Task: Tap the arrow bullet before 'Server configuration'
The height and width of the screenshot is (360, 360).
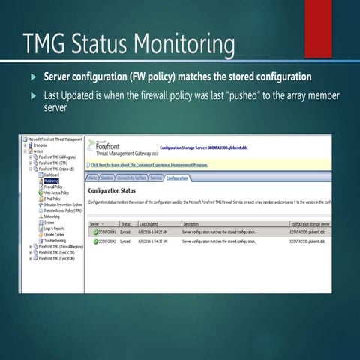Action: click(32, 76)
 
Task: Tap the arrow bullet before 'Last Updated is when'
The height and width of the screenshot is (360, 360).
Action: click(32, 95)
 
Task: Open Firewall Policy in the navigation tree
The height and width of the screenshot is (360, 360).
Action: click(53, 187)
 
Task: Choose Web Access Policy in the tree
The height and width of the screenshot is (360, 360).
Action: click(56, 193)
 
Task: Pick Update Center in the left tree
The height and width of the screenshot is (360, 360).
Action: click(54, 234)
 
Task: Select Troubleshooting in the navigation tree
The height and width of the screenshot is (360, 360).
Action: click(56, 240)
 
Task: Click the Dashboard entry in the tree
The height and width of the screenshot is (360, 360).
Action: click(52, 175)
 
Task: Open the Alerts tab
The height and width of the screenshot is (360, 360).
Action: click(93, 178)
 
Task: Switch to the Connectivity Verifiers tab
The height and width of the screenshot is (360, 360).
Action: click(130, 178)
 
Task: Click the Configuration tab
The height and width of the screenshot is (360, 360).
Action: click(177, 178)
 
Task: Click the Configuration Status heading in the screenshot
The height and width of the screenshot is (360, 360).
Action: click(114, 190)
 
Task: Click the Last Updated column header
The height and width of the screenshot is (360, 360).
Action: click(148, 223)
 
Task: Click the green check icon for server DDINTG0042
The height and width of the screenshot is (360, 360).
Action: click(95, 241)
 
